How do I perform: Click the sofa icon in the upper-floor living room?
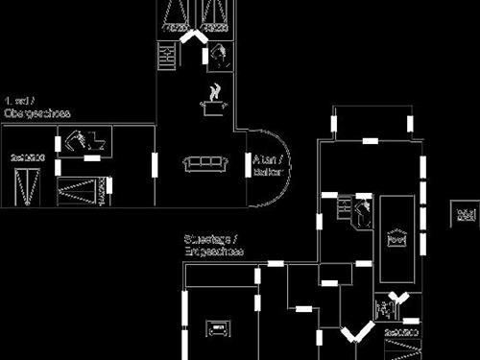[x=204, y=164]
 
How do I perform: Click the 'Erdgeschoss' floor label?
[x=213, y=252]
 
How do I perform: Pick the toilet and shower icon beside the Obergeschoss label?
[x=86, y=141]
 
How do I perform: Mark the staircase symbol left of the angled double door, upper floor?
[x=168, y=56]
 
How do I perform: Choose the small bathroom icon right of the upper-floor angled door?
[x=220, y=55]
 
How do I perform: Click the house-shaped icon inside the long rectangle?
[x=396, y=238]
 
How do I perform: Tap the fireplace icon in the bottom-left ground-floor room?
[x=217, y=327]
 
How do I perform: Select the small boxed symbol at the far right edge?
[x=466, y=213]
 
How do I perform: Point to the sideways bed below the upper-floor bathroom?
[x=81, y=191]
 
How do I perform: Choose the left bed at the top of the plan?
[x=176, y=16]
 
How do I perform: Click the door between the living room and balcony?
[x=247, y=165]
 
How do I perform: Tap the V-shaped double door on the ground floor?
[x=356, y=333]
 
